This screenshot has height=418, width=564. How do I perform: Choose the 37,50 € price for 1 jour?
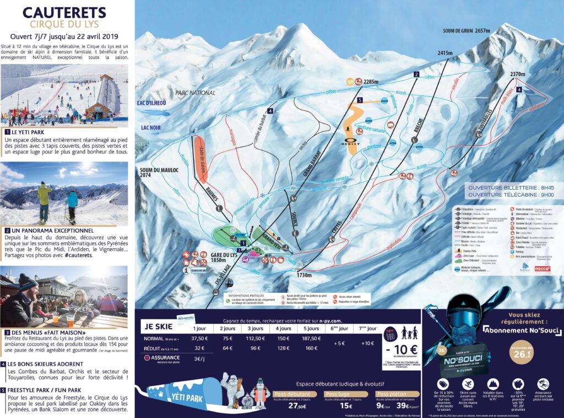(199, 338)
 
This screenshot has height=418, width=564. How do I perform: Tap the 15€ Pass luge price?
(346, 406)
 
